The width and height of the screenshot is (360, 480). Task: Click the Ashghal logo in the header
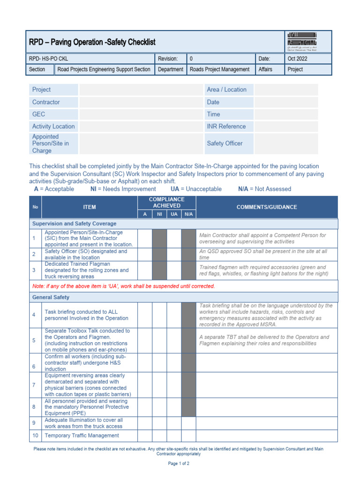(308, 42)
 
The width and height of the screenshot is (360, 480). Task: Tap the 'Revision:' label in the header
(168, 59)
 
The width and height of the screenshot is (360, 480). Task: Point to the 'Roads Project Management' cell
(219, 69)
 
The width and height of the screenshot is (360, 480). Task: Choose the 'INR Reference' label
(226, 126)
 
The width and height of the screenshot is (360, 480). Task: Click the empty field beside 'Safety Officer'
(286, 143)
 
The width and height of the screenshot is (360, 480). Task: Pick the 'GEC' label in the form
(38, 114)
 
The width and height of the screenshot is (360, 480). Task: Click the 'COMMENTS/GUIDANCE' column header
(266, 207)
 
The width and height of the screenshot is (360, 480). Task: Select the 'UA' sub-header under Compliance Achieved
(174, 214)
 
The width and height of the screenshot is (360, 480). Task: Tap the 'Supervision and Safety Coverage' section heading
(74, 224)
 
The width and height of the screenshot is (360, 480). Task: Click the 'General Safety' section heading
(51, 297)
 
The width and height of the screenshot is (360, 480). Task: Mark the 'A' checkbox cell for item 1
(145, 238)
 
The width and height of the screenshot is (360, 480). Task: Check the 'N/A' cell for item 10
(188, 435)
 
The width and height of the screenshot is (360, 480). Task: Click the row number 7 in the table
(34, 385)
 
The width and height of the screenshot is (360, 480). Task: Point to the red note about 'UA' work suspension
(123, 286)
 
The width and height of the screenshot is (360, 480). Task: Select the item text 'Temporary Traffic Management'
(82, 435)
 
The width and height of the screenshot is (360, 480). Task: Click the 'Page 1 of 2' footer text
(179, 464)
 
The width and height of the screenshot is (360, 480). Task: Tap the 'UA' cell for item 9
(174, 423)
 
